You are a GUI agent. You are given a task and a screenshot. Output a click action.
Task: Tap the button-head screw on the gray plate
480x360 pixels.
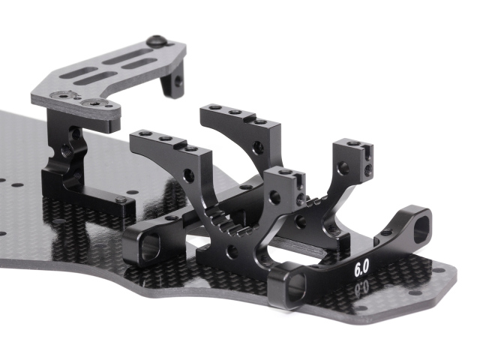click(157, 40)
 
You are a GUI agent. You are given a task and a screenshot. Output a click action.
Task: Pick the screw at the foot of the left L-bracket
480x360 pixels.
click(122, 200)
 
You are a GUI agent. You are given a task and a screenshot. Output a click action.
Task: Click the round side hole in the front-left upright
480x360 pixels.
click(187, 177)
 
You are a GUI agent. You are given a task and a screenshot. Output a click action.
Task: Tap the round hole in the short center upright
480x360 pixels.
click(275, 196)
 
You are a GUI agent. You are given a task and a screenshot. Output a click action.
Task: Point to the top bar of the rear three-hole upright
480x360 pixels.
click(234, 114)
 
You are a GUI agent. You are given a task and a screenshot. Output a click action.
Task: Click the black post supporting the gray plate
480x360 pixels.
click(67, 146)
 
